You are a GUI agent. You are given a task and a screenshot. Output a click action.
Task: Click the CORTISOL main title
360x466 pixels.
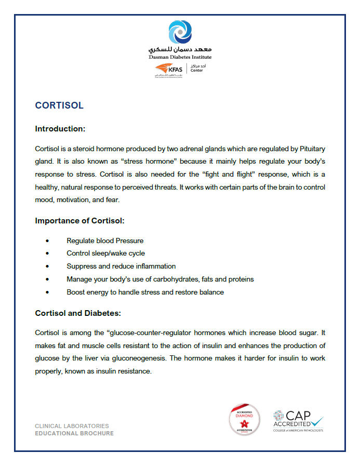coord(59,105)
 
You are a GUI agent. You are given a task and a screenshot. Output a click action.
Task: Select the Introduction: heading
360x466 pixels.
coord(60,128)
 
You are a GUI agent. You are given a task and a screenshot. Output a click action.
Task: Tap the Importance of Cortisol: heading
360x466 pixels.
coord(79,220)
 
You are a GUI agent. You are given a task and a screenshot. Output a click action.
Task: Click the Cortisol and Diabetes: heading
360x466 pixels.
coord(78,313)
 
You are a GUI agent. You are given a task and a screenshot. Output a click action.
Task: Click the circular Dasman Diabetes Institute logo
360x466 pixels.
coord(180,32)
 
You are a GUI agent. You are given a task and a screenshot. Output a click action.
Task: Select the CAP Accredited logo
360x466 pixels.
coord(298,420)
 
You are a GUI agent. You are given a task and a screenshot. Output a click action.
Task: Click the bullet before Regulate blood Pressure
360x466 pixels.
coord(47,241)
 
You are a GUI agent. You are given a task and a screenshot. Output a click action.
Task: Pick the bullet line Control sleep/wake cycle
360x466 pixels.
coord(105,254)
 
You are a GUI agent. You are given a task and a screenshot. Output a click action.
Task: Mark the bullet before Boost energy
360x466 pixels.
coord(47,292)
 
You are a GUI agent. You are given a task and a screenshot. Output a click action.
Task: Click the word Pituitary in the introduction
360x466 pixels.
coord(312,149)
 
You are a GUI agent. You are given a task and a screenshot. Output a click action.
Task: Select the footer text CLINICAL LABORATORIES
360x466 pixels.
coord(72,426)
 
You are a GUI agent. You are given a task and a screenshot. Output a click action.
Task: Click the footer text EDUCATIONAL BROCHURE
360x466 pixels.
coord(74,433)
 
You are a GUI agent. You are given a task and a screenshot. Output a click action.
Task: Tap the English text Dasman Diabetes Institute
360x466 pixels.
coord(180,57)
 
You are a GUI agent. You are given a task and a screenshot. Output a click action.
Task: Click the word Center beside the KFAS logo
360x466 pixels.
coord(197,71)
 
